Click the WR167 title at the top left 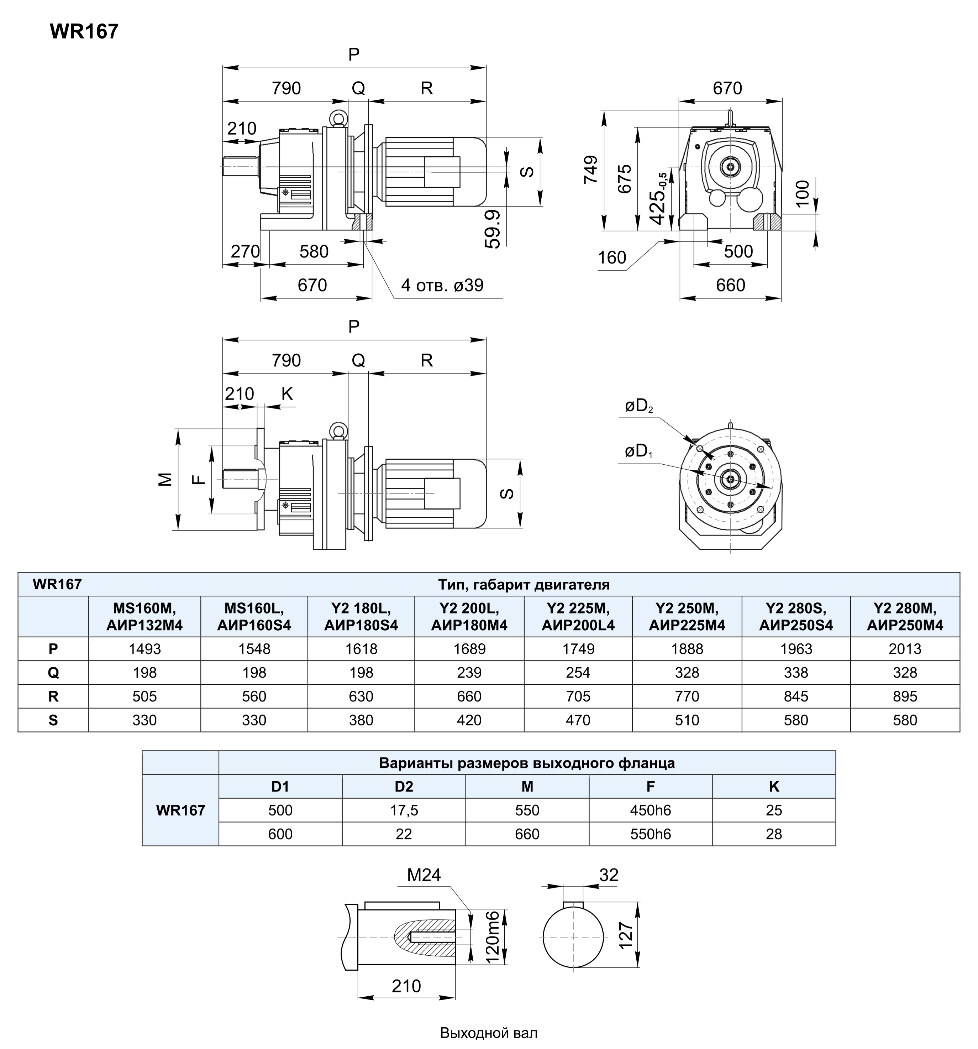pos(84,32)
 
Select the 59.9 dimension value pos(492,229)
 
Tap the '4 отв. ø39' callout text pos(442,286)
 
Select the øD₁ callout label pos(638,451)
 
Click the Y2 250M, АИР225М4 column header pos(687,617)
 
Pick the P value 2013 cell pos(905,649)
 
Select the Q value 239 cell pos(469,673)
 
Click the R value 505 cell pos(144,696)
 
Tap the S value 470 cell pos(578,720)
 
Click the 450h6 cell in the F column pos(651,810)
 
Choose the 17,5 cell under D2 pos(404,810)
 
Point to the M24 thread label pos(424,875)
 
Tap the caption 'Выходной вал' pos(489,1033)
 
